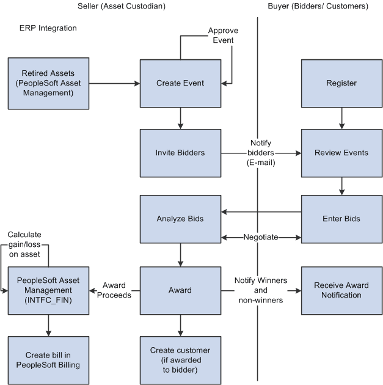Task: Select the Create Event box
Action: [180, 83]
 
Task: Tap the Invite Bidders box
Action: [180, 152]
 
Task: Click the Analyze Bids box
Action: [180, 219]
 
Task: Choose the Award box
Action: [180, 290]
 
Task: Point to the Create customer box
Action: [180, 359]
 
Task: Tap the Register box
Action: [341, 83]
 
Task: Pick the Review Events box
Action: [341, 152]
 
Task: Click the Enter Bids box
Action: [341, 219]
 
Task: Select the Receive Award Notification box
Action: [341, 290]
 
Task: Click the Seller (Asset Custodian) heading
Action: [121, 6]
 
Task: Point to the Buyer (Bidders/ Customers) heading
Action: [318, 6]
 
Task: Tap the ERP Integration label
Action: [48, 28]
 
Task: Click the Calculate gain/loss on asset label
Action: [28, 244]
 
